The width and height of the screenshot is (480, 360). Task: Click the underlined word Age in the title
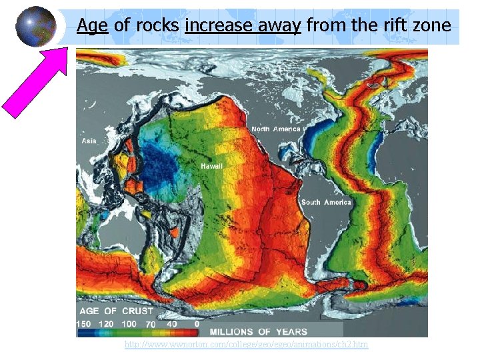coord(91,26)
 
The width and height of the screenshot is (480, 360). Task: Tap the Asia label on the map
coord(89,141)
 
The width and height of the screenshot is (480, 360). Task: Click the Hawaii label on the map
coord(211,165)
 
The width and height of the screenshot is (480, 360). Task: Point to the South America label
coord(326,202)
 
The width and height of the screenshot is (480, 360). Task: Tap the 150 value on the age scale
coord(84,323)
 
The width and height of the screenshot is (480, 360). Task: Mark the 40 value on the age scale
coord(173,323)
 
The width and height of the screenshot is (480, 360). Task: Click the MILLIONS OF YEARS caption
coord(259,331)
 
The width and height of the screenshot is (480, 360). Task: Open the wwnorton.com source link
coord(246,344)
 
